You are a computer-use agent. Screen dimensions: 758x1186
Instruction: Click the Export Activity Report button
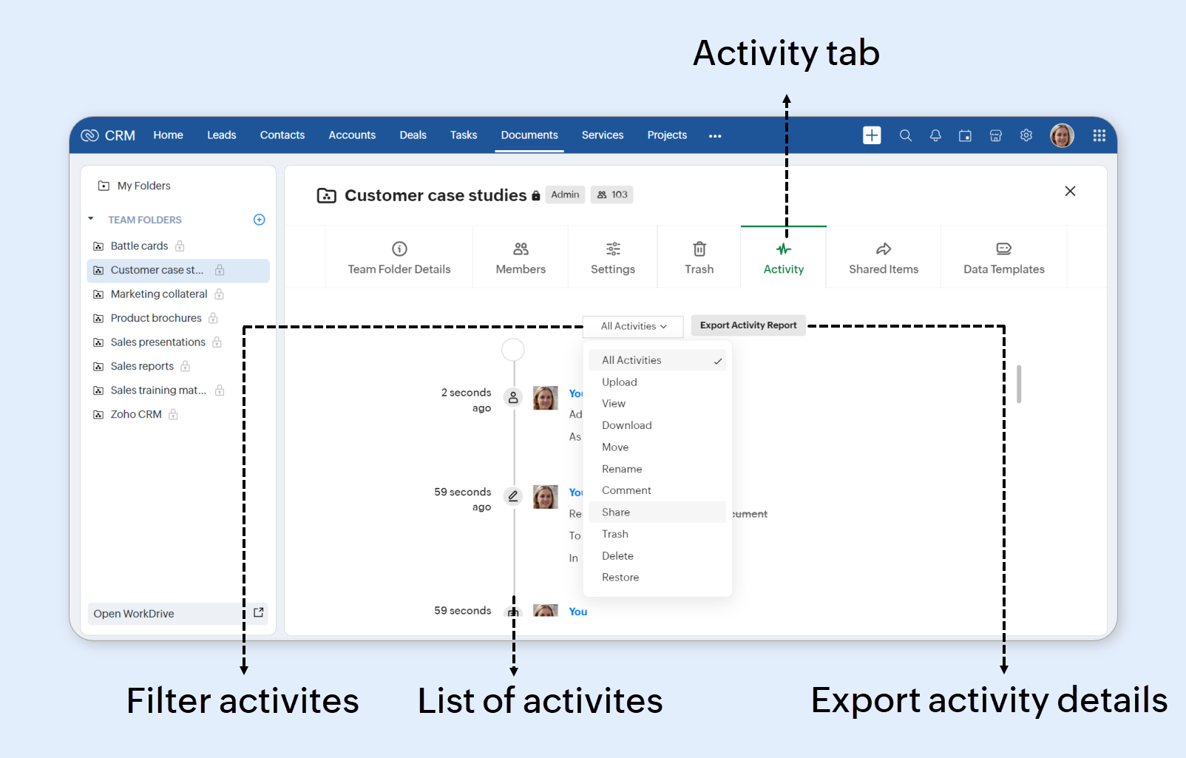coord(748,325)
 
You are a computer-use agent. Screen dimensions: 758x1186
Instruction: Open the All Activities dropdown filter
coord(633,326)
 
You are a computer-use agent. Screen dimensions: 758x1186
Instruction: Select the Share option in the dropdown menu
coord(616,512)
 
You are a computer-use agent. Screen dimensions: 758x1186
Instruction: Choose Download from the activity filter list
coord(626,425)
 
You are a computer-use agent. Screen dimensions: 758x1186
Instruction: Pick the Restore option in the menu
coord(620,578)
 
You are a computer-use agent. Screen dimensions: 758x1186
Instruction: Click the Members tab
coord(521,257)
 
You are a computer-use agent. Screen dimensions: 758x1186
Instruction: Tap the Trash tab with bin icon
coord(699,257)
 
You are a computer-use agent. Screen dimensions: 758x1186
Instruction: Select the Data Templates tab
coord(1003,257)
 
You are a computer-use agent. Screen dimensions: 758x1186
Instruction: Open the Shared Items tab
coord(883,257)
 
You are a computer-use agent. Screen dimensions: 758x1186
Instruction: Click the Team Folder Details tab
coord(399,257)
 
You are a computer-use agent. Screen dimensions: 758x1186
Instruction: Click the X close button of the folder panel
coord(1070,192)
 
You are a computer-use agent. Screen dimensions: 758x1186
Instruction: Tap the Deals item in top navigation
coord(413,135)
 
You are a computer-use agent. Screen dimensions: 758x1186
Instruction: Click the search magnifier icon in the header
coord(905,135)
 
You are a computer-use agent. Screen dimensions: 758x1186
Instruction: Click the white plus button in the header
coord(872,135)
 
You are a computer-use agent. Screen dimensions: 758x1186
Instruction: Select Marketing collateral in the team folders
coord(159,294)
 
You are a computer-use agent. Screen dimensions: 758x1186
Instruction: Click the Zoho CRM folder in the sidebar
coord(136,415)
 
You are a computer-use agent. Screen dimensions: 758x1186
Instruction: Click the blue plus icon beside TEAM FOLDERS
coord(260,220)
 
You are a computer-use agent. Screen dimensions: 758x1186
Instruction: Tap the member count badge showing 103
coord(612,195)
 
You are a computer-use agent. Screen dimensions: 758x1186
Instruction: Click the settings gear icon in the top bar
coord(1026,135)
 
